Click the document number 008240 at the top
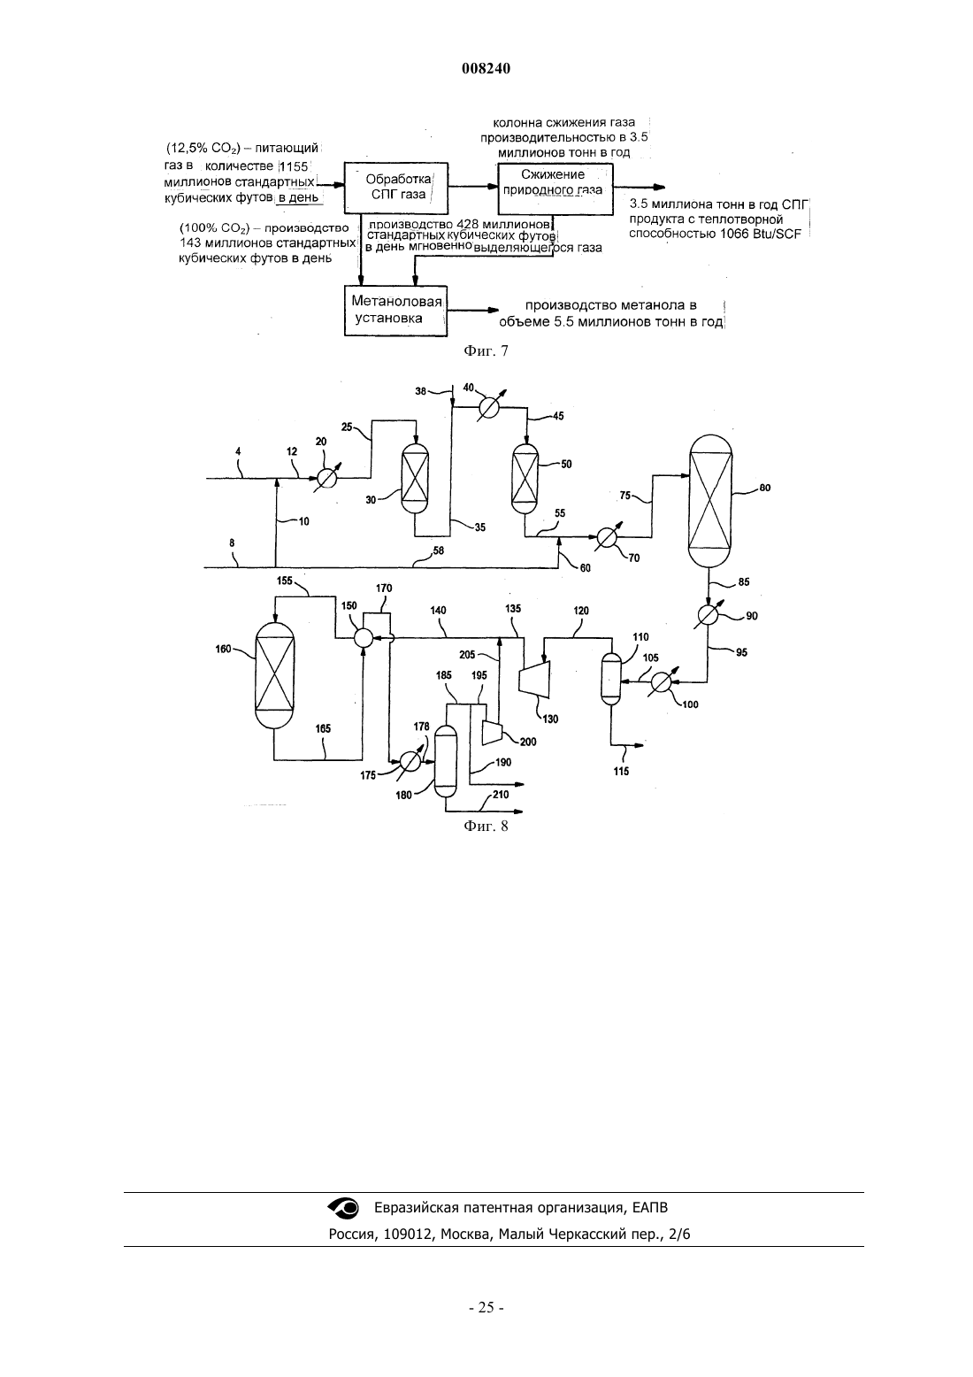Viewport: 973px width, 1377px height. coord(486,69)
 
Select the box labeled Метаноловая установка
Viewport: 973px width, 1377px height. coord(395,311)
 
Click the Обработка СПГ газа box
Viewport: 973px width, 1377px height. coord(395,188)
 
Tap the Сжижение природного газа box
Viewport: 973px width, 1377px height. coord(555,188)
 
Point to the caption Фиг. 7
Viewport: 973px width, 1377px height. coord(486,351)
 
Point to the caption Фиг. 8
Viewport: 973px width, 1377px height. coord(486,827)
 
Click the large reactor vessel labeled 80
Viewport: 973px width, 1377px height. coord(710,500)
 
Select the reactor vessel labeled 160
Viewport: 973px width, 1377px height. coord(274,674)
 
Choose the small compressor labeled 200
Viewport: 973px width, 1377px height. coord(492,732)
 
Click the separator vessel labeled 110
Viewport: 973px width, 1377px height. coord(611,679)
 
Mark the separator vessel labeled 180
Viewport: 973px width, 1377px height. coord(445,760)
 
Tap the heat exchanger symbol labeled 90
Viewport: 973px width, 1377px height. coord(709,616)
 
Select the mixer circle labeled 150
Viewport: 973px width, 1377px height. coord(364,639)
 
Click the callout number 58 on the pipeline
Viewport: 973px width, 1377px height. coord(438,550)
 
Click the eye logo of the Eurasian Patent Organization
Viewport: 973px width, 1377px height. coord(344,1208)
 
